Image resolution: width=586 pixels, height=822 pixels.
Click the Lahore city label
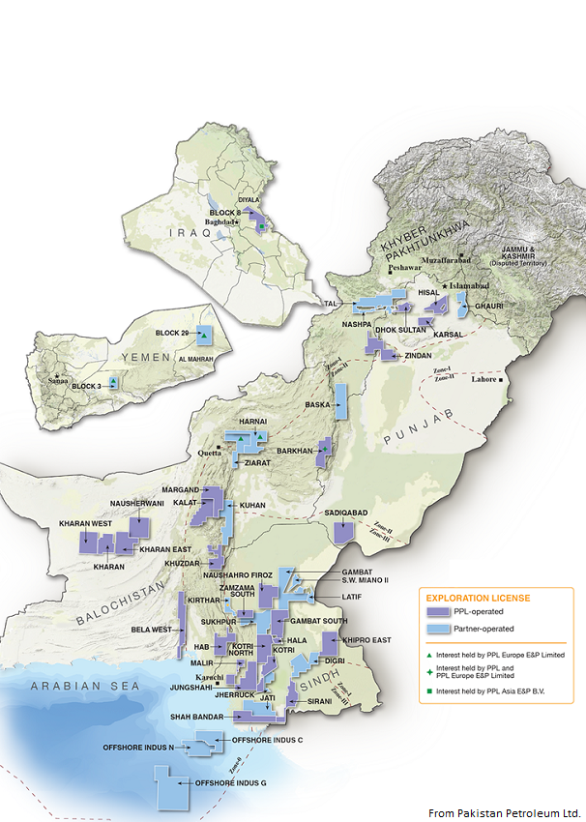483,379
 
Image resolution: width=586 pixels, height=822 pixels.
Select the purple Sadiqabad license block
343,532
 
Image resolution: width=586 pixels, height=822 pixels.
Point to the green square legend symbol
426,690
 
